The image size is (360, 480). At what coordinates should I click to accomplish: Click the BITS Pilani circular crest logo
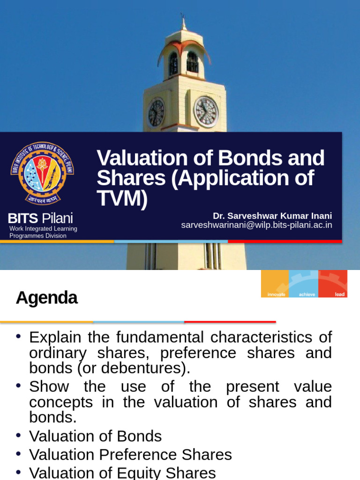click(x=42, y=173)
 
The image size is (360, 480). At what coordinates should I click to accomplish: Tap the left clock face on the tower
click(x=156, y=113)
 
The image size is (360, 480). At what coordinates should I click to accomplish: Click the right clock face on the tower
click(x=206, y=112)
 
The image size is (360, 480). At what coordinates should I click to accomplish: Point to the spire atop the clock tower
click(x=183, y=21)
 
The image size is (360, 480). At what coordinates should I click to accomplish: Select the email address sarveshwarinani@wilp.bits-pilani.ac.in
click(x=256, y=225)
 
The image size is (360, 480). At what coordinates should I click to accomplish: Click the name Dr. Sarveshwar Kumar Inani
click(x=272, y=216)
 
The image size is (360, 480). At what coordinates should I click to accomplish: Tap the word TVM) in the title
click(x=122, y=198)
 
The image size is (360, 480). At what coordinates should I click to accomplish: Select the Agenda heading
click(x=46, y=298)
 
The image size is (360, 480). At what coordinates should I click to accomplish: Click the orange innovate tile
click(x=275, y=284)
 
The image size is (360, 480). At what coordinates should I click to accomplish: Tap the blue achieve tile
click(x=303, y=284)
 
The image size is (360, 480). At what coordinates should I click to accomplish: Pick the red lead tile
click(x=333, y=284)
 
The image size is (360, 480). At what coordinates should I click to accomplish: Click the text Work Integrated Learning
click(x=43, y=229)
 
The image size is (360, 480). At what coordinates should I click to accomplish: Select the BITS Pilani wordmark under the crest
click(x=40, y=218)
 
